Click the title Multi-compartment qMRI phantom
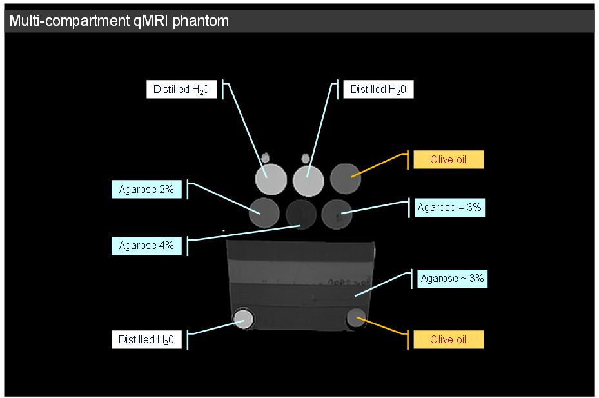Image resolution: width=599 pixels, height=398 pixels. point(119,21)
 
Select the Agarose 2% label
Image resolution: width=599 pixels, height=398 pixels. point(146,190)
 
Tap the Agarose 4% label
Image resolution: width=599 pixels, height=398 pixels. point(146,246)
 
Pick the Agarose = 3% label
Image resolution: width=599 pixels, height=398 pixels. point(449,208)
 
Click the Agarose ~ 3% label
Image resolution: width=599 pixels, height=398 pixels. point(451,279)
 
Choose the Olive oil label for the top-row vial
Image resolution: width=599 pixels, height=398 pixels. point(448,159)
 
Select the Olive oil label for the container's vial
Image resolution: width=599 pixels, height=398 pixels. point(448,339)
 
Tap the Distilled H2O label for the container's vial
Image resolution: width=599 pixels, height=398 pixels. point(146,339)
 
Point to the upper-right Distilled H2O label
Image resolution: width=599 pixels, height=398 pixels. point(378,90)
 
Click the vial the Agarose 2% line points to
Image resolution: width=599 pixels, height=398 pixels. point(264,212)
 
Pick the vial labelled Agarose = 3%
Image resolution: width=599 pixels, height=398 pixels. point(335,212)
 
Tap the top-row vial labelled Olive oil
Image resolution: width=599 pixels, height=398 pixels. point(346,178)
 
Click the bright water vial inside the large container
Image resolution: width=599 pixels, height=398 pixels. point(243,319)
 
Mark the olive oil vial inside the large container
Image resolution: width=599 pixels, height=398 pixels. point(356,317)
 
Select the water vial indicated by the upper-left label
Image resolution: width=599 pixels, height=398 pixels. point(271,179)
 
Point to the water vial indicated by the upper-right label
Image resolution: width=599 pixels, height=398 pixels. point(308,179)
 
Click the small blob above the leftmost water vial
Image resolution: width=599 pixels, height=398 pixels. point(265,156)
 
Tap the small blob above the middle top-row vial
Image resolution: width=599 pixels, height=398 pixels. point(305,157)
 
